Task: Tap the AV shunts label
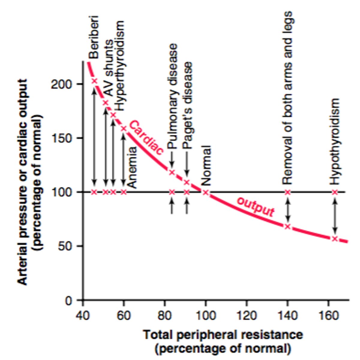(x=109, y=68)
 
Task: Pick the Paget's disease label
(x=187, y=106)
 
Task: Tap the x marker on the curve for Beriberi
(x=94, y=81)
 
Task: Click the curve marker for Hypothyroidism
(x=335, y=239)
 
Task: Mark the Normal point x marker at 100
(x=205, y=192)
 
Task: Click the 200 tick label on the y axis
(x=61, y=84)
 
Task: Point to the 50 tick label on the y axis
(x=65, y=246)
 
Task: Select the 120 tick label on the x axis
(x=246, y=316)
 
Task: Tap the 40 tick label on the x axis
(x=82, y=316)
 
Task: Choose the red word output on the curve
(x=256, y=206)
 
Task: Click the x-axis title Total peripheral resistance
(x=223, y=334)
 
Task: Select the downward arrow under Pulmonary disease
(x=172, y=159)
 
